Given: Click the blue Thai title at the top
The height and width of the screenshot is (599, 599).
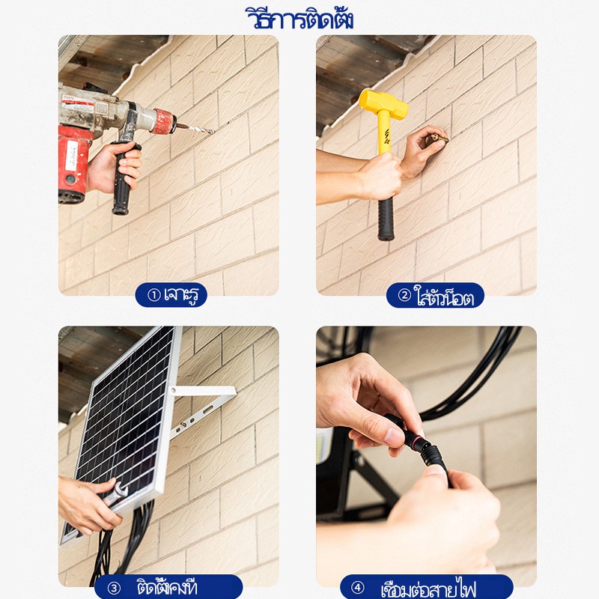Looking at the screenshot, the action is [299, 18].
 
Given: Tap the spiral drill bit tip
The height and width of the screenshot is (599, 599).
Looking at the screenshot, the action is [214, 133].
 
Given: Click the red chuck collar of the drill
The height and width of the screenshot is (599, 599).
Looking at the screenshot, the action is [164, 121].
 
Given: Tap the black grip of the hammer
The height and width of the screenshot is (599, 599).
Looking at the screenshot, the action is [386, 219].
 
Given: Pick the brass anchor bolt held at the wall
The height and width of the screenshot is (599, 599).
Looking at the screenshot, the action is [440, 139].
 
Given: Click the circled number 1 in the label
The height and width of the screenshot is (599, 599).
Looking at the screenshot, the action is [153, 295].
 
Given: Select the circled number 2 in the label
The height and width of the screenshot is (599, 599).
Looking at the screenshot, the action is [404, 295].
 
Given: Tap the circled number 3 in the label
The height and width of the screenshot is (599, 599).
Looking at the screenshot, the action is [114, 588].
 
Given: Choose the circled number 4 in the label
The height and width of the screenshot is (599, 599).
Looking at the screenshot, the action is [358, 588].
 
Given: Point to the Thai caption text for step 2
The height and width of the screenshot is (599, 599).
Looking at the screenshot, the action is [444, 296].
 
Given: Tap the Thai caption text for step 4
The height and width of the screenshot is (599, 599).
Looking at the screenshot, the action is [428, 589].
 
